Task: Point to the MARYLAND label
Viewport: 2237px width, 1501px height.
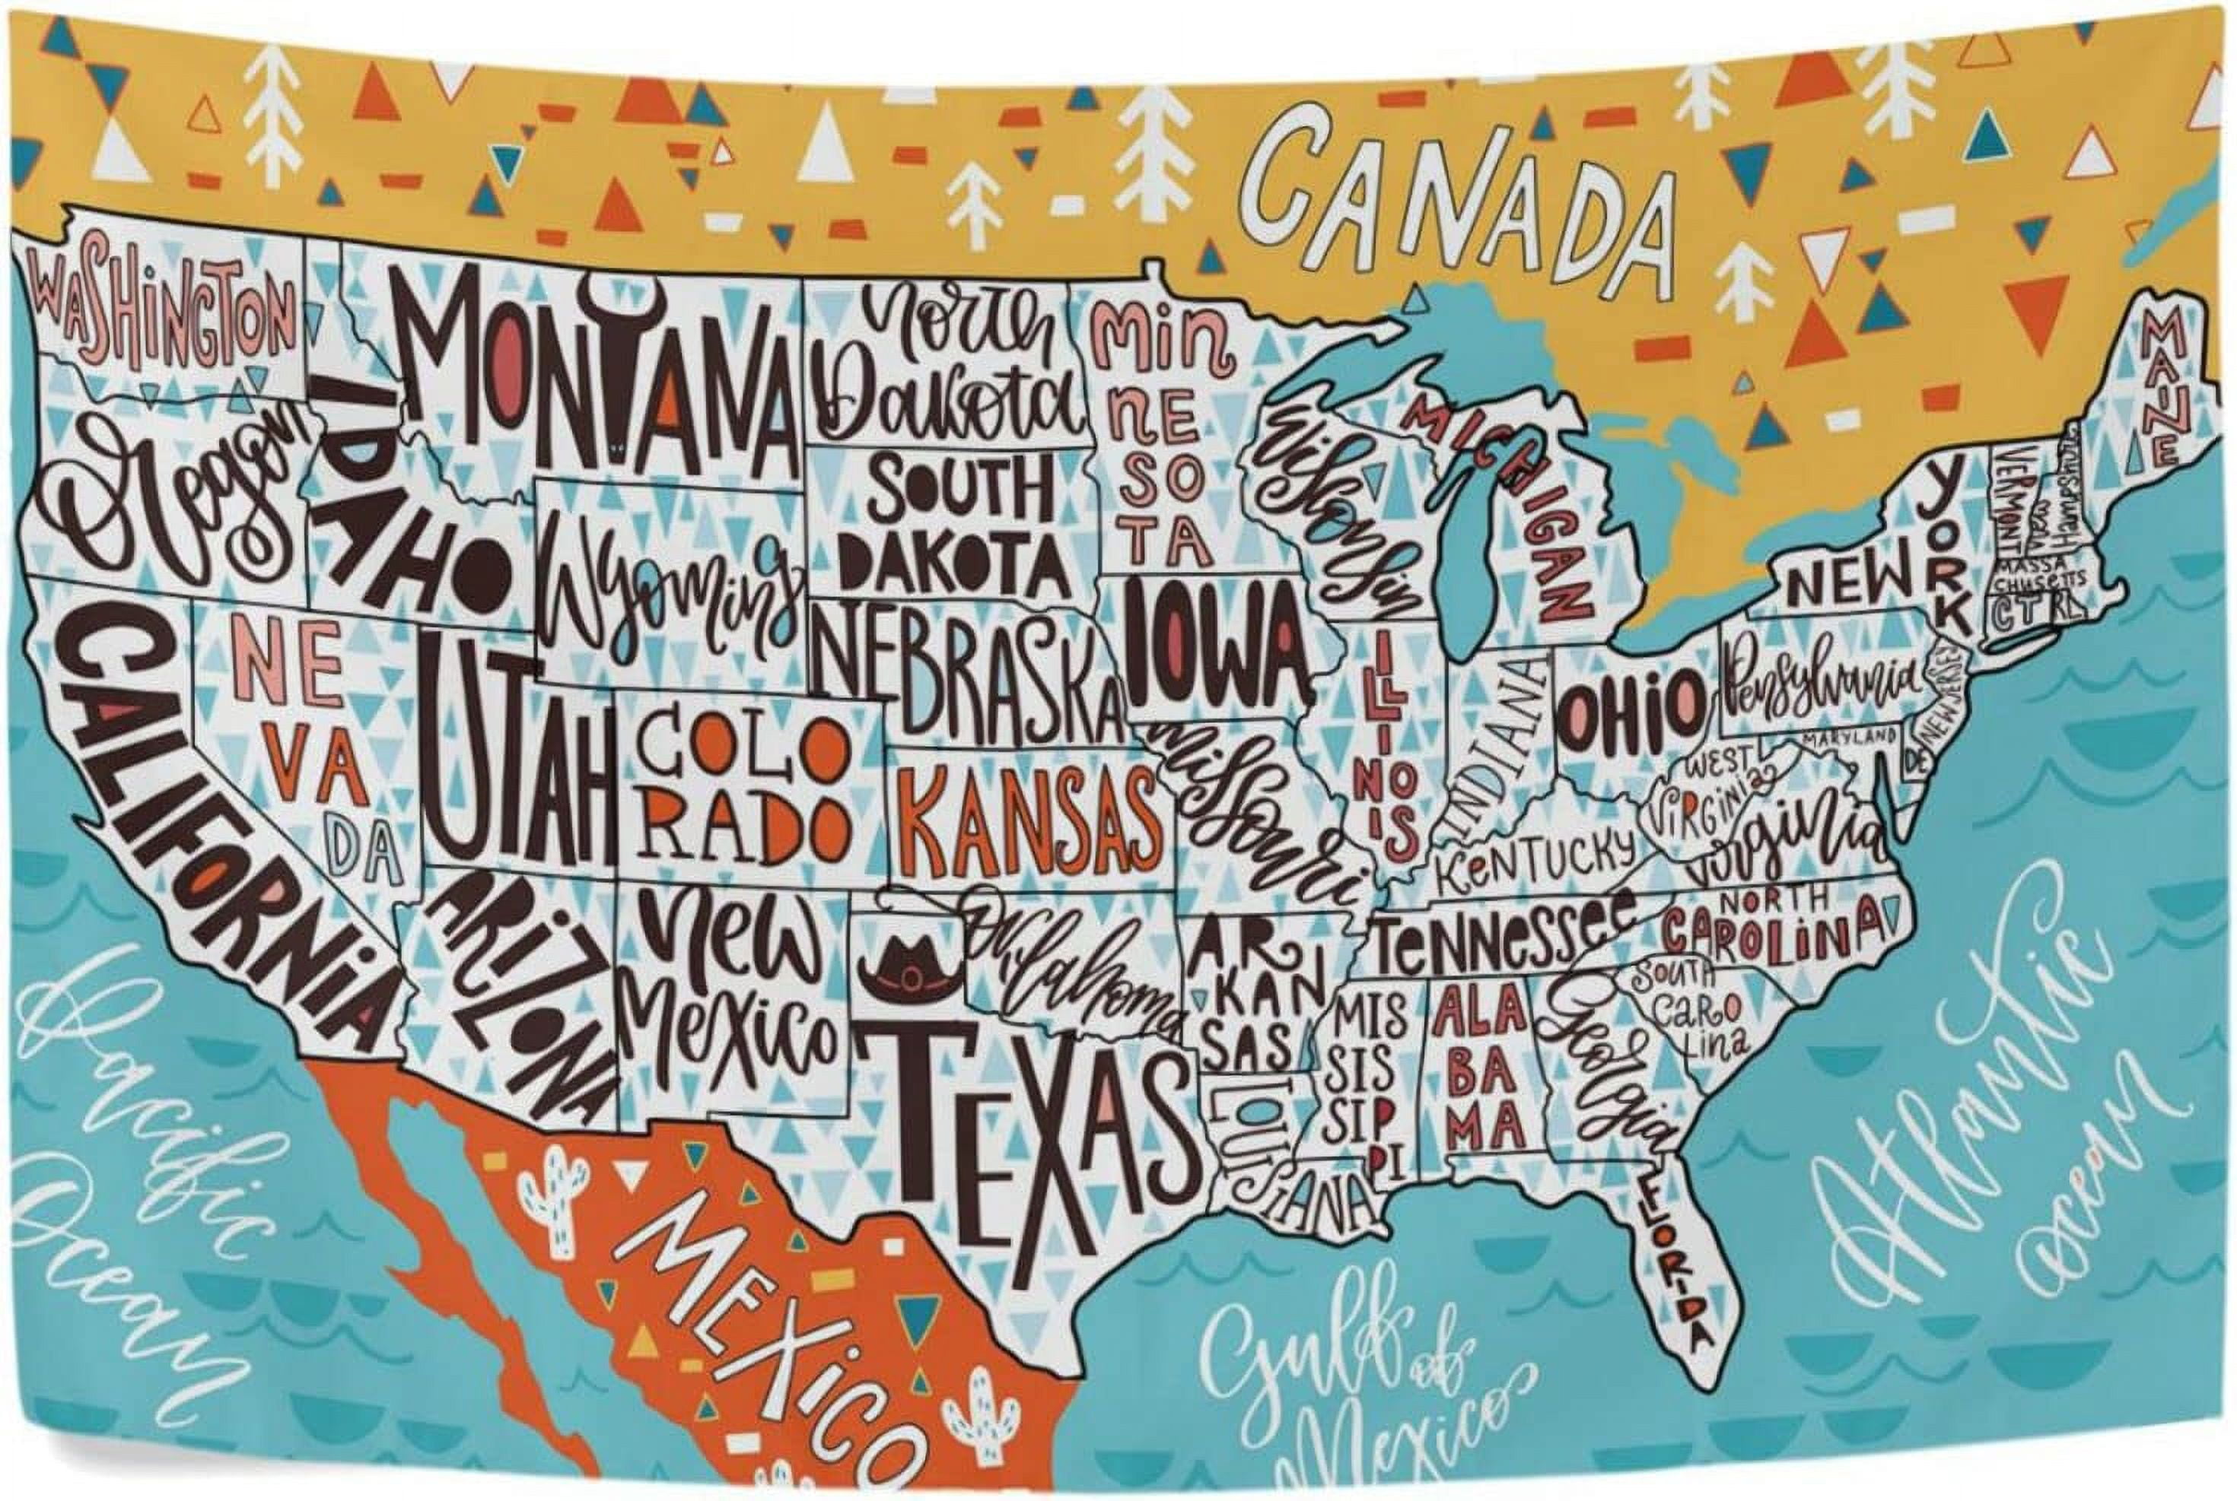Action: [1847, 737]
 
